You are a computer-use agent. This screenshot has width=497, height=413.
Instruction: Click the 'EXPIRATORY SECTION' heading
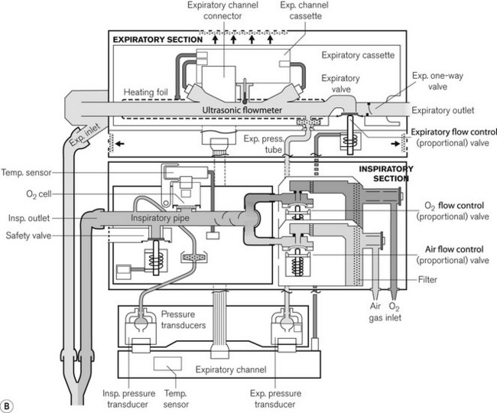pyautogui.click(x=158, y=40)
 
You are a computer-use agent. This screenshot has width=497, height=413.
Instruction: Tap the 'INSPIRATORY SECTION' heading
pyautogui.click(x=386, y=174)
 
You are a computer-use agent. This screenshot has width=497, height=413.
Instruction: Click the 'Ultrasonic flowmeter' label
pyautogui.click(x=242, y=110)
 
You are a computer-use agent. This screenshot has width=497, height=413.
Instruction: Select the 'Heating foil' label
pyautogui.click(x=145, y=93)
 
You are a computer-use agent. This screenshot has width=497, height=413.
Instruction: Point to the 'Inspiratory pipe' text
pyautogui.click(x=160, y=218)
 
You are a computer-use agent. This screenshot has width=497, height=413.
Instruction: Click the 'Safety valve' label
pyautogui.click(x=28, y=236)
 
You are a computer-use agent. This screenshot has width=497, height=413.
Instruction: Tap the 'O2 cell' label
pyautogui.click(x=39, y=194)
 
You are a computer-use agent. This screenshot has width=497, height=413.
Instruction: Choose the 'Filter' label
pyautogui.click(x=427, y=280)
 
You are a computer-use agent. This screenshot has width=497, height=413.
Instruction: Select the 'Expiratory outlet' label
pyautogui.click(x=443, y=110)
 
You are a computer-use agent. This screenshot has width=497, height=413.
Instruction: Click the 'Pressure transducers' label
pyautogui.click(x=184, y=320)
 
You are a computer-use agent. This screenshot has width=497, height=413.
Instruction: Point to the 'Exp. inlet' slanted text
pyautogui.click(x=85, y=135)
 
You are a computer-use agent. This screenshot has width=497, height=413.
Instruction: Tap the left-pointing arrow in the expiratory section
pyautogui.click(x=120, y=144)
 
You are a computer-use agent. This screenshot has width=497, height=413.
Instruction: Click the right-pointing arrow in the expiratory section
pyautogui.click(x=395, y=144)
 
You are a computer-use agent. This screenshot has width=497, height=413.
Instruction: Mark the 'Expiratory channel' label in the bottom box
pyautogui.click(x=231, y=369)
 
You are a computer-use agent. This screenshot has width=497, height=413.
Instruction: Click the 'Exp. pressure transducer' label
pyautogui.click(x=275, y=398)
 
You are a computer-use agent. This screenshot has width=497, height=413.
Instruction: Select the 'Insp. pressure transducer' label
pyautogui.click(x=128, y=398)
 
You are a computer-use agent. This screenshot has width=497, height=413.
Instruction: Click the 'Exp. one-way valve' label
pyautogui.click(x=437, y=81)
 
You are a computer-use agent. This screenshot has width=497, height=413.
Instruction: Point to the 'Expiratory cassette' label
pyautogui.click(x=358, y=55)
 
